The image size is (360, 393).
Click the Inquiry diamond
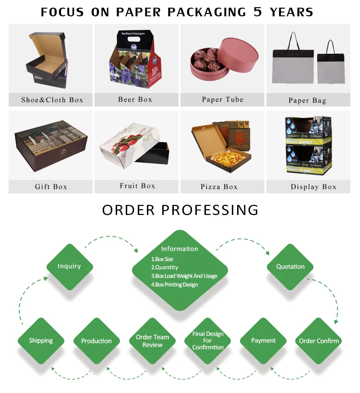click(x=69, y=266)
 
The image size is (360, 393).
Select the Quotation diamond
click(x=290, y=266)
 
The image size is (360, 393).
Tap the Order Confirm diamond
click(x=319, y=341)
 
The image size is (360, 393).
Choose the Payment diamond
click(x=264, y=341)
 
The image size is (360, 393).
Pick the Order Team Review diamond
click(x=152, y=341)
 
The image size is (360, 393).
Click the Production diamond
click(x=96, y=341)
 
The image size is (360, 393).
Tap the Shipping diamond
click(x=41, y=341)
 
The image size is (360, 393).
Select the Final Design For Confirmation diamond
click(x=208, y=341)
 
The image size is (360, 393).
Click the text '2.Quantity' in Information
click(x=165, y=267)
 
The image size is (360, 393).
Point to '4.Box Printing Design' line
click(x=174, y=285)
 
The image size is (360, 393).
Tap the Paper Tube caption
click(x=222, y=100)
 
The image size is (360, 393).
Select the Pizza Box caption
click(x=219, y=187)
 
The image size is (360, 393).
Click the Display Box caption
click(x=313, y=187)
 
